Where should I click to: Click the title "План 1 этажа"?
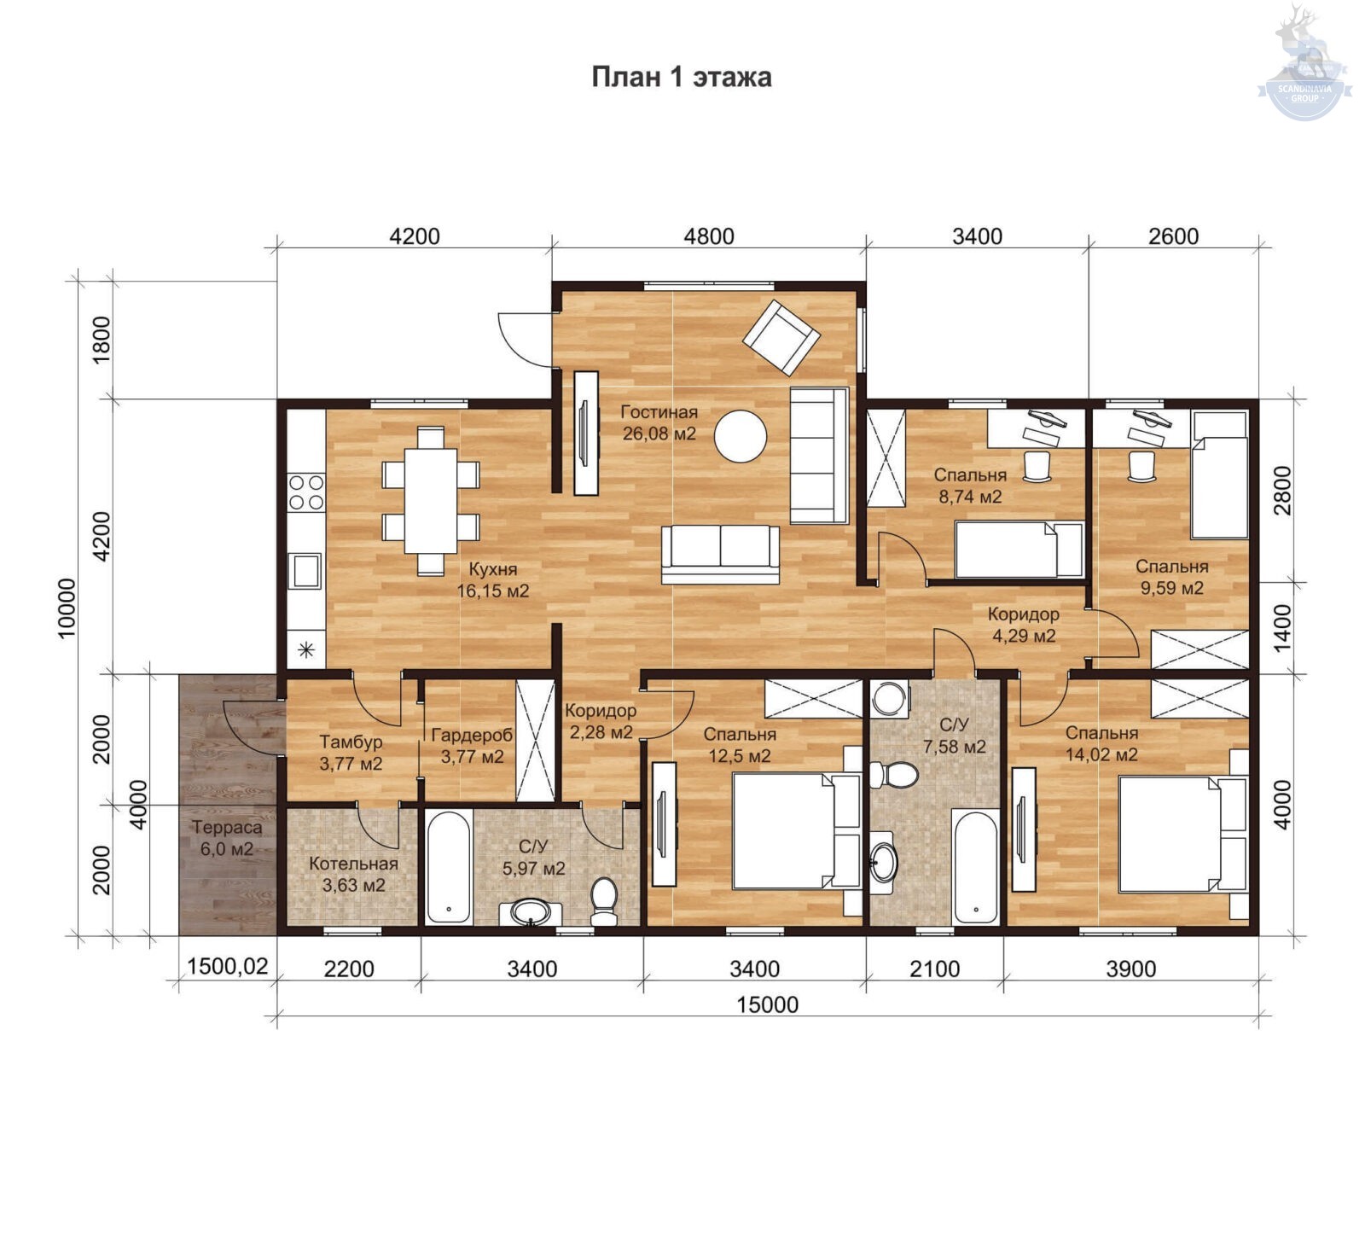[x=682, y=77]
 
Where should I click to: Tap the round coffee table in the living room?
[x=740, y=436]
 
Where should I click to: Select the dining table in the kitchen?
[x=430, y=501]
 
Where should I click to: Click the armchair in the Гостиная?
[x=781, y=337]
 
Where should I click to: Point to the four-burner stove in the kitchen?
[x=305, y=492]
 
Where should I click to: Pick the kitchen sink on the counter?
[x=305, y=571]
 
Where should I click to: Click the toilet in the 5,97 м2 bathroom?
[x=604, y=901]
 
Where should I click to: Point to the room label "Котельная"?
[x=353, y=864]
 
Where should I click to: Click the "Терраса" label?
[x=227, y=827]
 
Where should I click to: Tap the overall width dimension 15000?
[x=768, y=1004]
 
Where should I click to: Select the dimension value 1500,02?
[x=228, y=967]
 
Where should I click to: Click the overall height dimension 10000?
[x=67, y=608]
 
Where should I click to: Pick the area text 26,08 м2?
[x=659, y=434]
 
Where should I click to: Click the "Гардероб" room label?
[x=472, y=735]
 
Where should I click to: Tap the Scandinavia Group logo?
[x=1304, y=63]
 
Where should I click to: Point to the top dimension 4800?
[x=709, y=236]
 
